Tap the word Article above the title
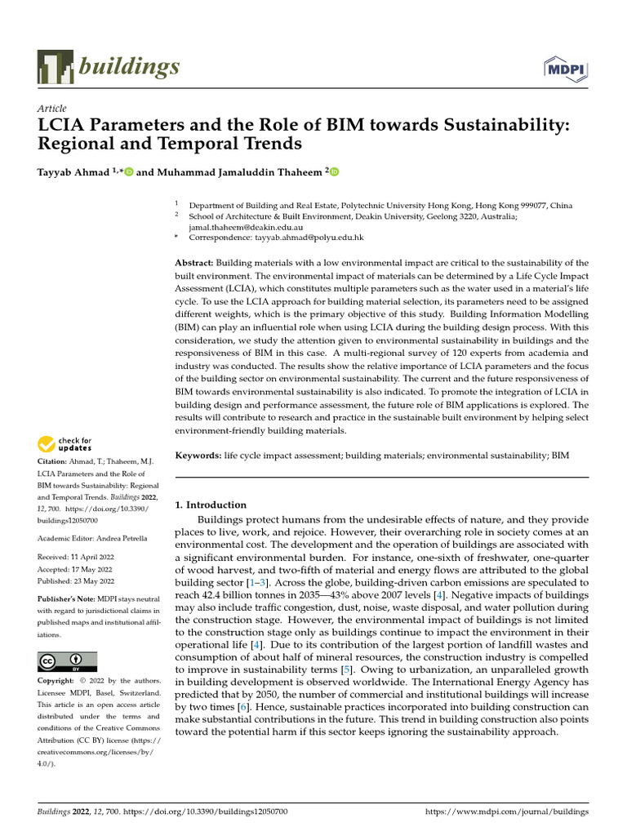[x=52, y=109]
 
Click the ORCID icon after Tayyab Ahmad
[x=128, y=172]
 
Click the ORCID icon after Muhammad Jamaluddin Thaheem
[x=333, y=172]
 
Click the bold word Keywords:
[x=198, y=454]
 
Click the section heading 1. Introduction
[x=211, y=505]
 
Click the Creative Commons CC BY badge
[x=67, y=661]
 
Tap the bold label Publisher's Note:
[x=68, y=599]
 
